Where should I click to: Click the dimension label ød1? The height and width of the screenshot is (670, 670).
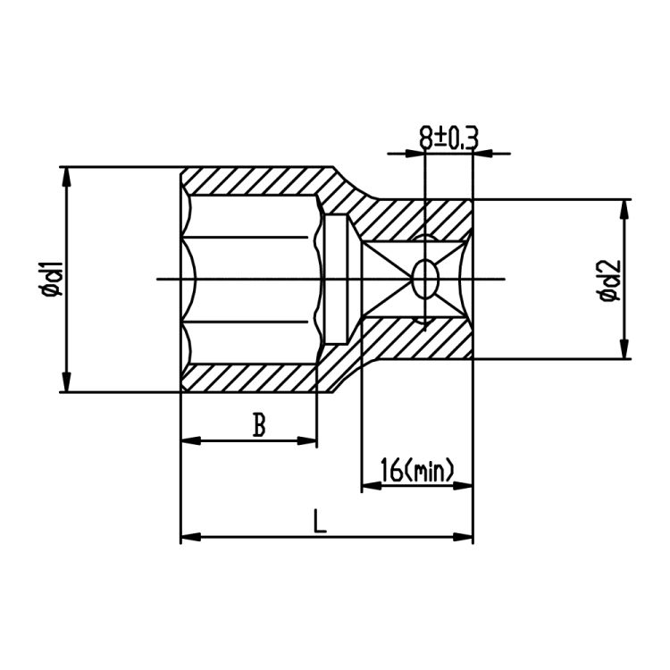tap(52, 279)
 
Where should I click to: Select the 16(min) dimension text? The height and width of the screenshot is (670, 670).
tap(416, 469)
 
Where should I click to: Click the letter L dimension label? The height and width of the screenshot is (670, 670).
tap(320, 521)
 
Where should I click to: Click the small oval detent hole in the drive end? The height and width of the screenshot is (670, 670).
tap(425, 279)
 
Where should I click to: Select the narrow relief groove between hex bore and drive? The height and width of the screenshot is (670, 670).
tap(336, 279)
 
